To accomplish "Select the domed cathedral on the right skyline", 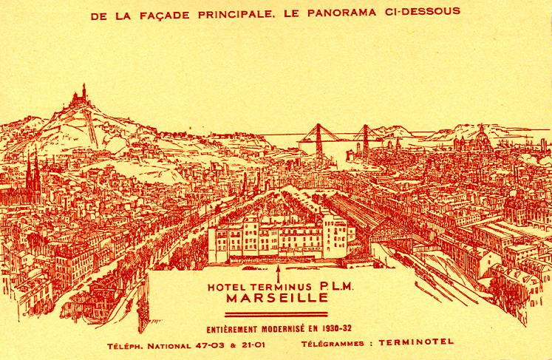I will click(481, 137).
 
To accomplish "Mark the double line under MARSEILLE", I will click(276, 314).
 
